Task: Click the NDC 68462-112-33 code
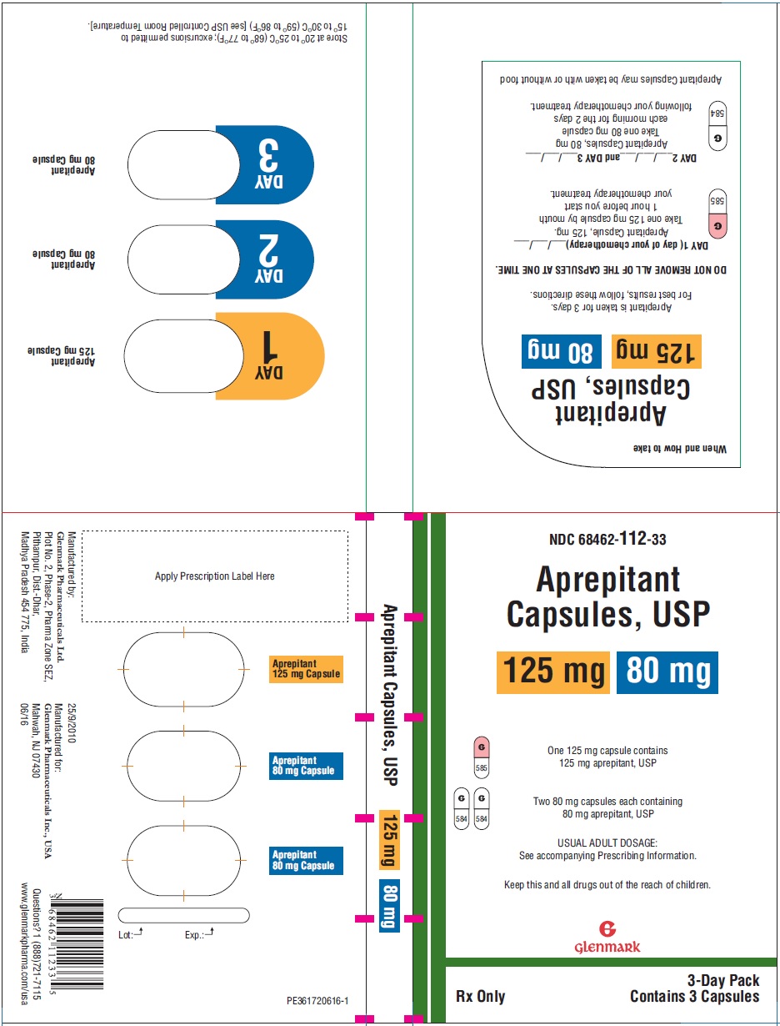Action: point(607,540)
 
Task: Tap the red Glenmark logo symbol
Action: point(607,928)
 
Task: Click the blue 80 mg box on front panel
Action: point(667,672)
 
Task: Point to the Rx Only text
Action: point(480,996)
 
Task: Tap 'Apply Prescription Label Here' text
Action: point(215,576)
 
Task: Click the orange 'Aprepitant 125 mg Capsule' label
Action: point(307,669)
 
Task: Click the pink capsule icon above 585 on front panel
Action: point(481,747)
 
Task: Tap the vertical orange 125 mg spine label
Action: point(389,840)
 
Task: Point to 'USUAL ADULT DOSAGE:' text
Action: point(607,842)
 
